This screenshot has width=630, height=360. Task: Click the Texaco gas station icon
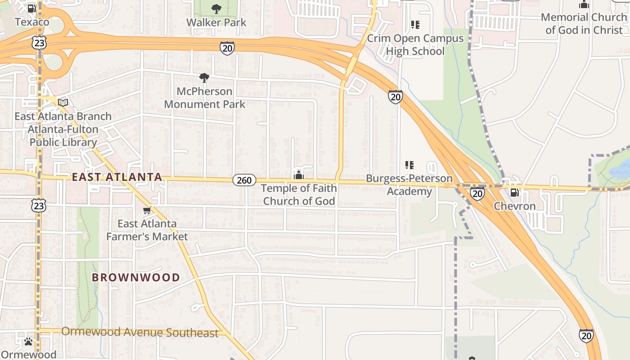(x=31, y=9)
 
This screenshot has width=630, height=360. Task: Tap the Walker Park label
(x=216, y=22)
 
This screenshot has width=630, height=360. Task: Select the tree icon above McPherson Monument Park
(x=204, y=78)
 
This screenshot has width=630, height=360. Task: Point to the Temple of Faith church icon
(x=299, y=175)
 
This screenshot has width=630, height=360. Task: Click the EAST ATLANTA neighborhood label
(x=117, y=177)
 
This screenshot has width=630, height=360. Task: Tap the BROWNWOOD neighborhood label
(x=136, y=277)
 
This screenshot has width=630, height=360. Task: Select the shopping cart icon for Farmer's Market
(x=147, y=210)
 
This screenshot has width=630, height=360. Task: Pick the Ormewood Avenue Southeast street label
(x=139, y=333)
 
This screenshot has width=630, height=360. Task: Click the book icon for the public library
(x=63, y=103)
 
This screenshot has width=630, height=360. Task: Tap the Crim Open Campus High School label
(x=415, y=45)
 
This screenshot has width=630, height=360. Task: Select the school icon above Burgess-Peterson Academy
(x=409, y=165)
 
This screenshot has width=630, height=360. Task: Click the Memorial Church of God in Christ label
(x=584, y=23)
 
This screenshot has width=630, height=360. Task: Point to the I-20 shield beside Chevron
(x=477, y=193)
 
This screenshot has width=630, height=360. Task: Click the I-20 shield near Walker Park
(x=227, y=48)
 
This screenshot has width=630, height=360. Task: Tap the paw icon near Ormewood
(x=28, y=342)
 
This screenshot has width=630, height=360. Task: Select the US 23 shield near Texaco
(x=39, y=42)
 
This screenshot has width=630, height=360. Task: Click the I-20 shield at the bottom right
(x=586, y=335)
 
